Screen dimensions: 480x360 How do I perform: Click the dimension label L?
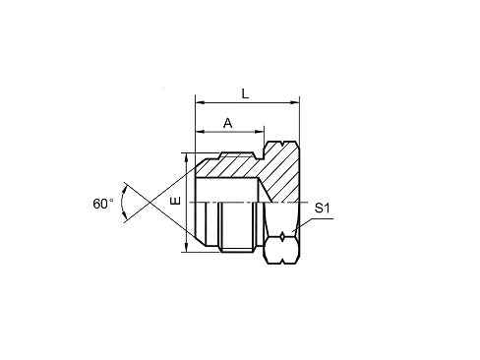tap(245, 94)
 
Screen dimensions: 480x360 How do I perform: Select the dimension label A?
tap(227, 123)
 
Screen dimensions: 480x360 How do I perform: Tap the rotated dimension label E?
tap(176, 201)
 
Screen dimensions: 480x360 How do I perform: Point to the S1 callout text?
tap(322, 208)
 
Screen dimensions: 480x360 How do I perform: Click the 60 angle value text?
tap(100, 204)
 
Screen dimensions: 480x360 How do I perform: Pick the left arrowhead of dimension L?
tap(200, 102)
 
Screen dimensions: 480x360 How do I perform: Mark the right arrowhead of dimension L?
tap(295, 102)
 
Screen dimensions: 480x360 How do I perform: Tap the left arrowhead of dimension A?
tap(200, 132)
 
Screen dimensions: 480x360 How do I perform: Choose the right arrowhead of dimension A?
tap(260, 132)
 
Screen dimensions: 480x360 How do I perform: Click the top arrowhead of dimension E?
tap(186, 157)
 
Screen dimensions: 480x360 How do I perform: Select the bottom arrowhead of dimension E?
tap(186, 248)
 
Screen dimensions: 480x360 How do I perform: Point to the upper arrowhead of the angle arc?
tap(125, 189)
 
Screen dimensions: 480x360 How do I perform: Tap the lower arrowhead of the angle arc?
tap(125, 215)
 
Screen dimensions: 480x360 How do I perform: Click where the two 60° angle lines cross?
tap(150, 203)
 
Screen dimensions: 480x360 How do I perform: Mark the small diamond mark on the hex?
tap(282, 236)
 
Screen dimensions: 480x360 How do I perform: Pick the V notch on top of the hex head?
tap(282, 143)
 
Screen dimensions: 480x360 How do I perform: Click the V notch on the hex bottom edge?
tap(282, 262)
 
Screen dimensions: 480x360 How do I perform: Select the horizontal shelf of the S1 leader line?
tap(322, 218)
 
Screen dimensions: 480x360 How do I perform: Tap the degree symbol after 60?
tap(111, 200)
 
